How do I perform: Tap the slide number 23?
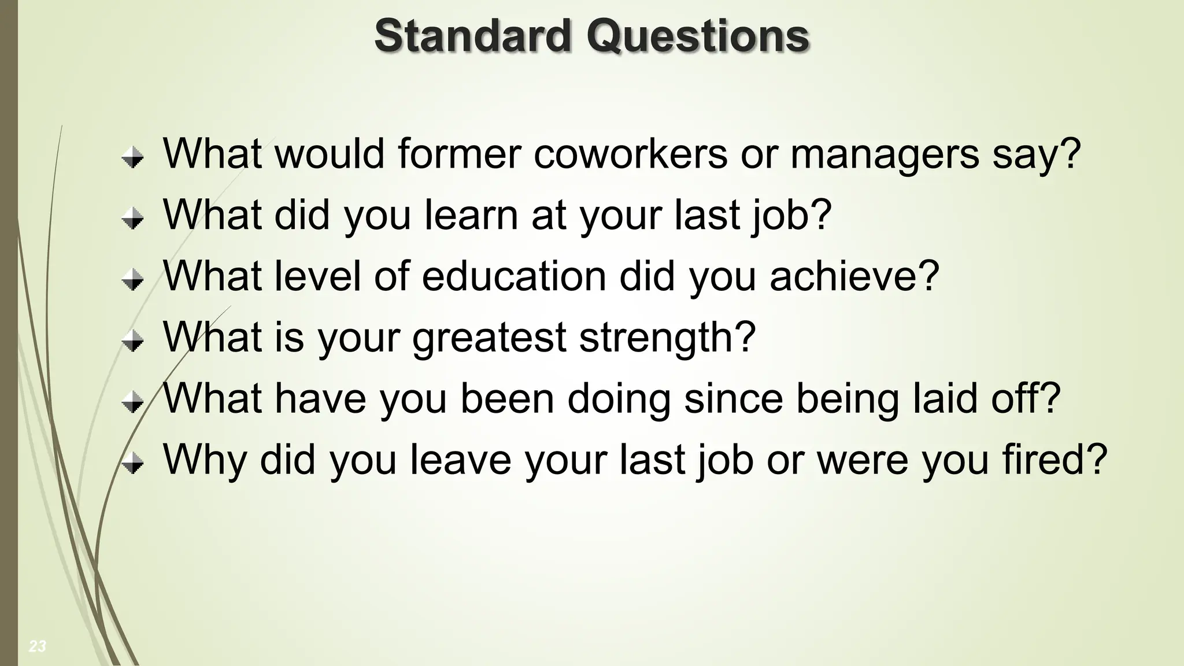click(38, 646)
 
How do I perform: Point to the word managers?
click(885, 155)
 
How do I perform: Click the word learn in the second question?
click(471, 214)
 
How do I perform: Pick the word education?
click(514, 276)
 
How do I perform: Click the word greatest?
click(489, 338)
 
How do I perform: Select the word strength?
click(659, 337)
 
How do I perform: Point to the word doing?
click(619, 399)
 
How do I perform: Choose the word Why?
click(205, 460)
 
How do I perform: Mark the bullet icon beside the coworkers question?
click(133, 157)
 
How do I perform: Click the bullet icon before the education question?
click(133, 280)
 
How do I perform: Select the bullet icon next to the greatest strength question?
click(133, 341)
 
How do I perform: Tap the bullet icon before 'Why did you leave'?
click(133, 464)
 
